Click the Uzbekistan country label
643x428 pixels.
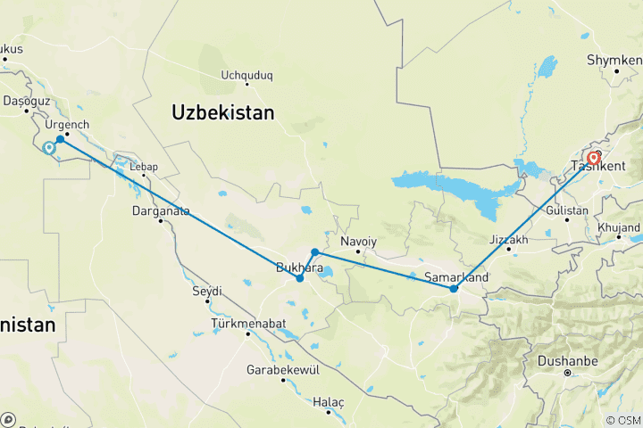click(x=222, y=112)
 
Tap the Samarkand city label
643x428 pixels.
click(x=456, y=277)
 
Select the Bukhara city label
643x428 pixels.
click(x=300, y=267)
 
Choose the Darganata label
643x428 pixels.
click(x=162, y=211)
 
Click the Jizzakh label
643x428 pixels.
click(x=510, y=240)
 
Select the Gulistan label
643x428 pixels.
click(x=568, y=210)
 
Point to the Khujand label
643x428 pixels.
click(x=620, y=229)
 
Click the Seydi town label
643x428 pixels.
click(x=206, y=291)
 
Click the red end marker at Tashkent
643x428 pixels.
click(x=593, y=159)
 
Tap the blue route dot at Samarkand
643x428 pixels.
click(x=454, y=288)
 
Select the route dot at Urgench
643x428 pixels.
click(x=60, y=139)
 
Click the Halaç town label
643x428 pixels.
click(x=329, y=402)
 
